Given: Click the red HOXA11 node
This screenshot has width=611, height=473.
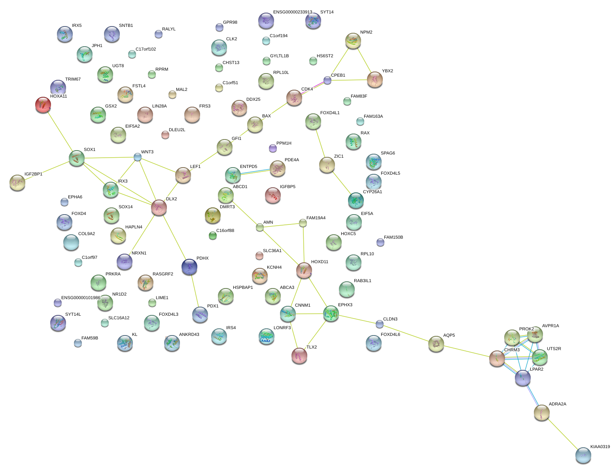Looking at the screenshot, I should click(x=43, y=105).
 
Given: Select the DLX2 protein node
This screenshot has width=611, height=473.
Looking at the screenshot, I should click(x=159, y=207).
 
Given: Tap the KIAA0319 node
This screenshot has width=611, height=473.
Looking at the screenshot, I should click(x=583, y=455).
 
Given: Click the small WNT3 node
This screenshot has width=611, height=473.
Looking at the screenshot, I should click(x=137, y=157).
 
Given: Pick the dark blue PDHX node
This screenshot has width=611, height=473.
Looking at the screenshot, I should click(x=189, y=267).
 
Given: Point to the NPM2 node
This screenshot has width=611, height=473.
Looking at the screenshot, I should click(x=353, y=40).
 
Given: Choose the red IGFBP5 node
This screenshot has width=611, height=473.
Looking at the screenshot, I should click(x=272, y=195).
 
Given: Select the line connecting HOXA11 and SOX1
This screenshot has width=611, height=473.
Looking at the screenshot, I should click(x=60, y=132).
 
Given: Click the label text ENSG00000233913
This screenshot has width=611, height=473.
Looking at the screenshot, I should click(x=293, y=12).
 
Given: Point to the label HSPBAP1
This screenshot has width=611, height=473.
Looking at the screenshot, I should click(x=243, y=288).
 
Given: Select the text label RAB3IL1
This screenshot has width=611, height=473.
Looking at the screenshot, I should click(x=363, y=281).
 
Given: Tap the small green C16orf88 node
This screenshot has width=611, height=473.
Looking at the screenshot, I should click(x=213, y=236).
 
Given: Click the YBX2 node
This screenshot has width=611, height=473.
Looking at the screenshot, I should click(x=375, y=79).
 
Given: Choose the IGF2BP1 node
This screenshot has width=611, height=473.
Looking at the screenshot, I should click(x=17, y=183).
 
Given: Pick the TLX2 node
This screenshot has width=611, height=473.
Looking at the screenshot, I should click(x=299, y=356).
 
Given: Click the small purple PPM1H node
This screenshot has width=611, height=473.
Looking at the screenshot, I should click(x=272, y=148).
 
